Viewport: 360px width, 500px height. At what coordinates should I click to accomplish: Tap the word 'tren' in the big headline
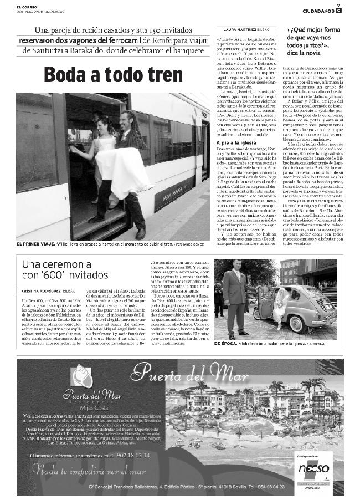176,75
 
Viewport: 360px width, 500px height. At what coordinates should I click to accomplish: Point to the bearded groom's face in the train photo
126,119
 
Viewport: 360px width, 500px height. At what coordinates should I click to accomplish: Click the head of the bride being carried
102,124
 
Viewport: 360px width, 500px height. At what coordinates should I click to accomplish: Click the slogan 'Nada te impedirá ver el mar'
84,471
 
